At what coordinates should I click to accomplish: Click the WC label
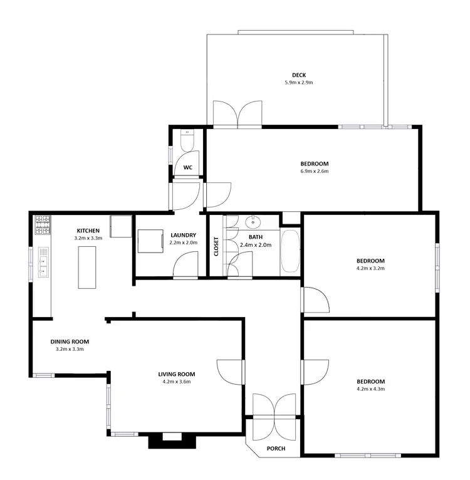tap(187, 167)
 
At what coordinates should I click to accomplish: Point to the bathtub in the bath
tap(290, 251)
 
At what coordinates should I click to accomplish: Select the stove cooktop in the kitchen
tap(43, 225)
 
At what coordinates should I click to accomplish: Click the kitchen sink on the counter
tap(43, 262)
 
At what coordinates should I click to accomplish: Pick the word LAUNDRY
tap(183, 236)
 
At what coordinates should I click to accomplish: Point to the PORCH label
tap(276, 448)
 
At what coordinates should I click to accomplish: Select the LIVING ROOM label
tap(176, 374)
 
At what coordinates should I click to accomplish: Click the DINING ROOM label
tap(70, 342)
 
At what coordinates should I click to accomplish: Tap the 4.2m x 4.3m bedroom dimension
tap(370, 389)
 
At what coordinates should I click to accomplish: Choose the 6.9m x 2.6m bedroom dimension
tap(314, 171)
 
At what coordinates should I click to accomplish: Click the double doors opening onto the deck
tap(238, 113)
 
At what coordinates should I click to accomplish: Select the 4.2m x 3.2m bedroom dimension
tap(370, 268)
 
